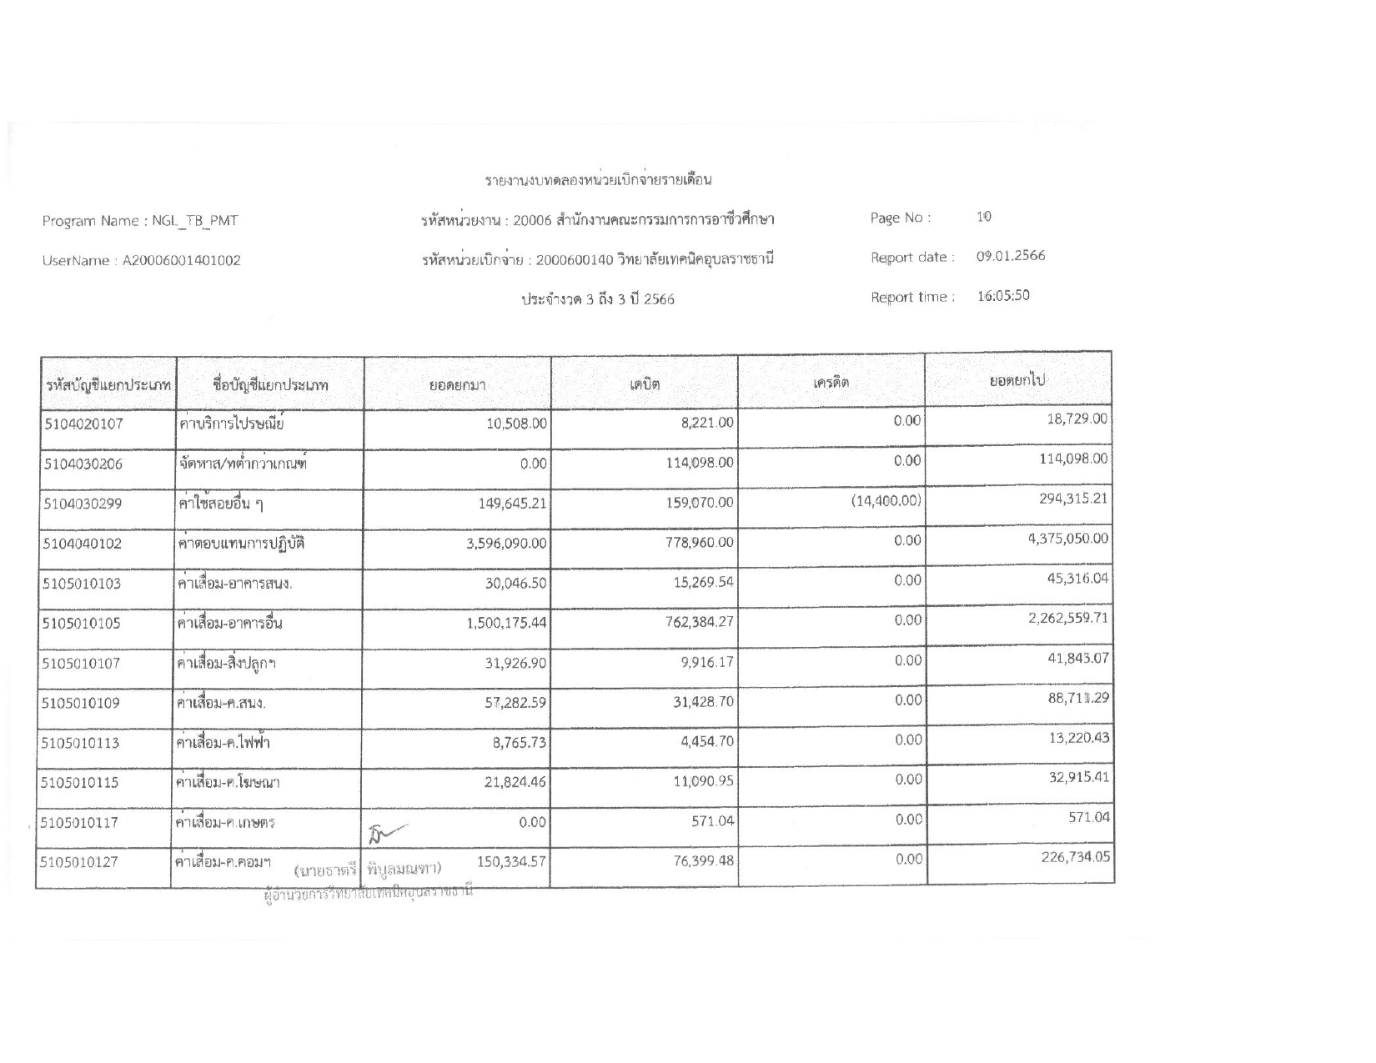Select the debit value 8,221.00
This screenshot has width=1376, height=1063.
(x=707, y=423)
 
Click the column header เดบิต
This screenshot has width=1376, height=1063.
(x=644, y=384)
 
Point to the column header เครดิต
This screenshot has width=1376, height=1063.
(x=831, y=383)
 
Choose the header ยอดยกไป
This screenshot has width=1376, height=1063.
(x=1017, y=381)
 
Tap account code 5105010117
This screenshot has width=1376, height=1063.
(x=81, y=823)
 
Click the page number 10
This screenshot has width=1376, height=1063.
(x=984, y=217)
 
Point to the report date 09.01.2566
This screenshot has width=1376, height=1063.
(x=1011, y=256)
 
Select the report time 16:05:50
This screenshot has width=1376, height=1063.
(x=1003, y=295)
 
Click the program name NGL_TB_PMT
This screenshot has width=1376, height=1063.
(x=195, y=221)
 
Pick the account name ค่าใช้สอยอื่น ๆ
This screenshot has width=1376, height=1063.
(x=222, y=503)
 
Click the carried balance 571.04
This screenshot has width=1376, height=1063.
(x=1089, y=817)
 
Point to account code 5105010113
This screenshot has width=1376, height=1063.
(x=81, y=742)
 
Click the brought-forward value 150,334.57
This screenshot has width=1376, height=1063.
(x=510, y=862)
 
